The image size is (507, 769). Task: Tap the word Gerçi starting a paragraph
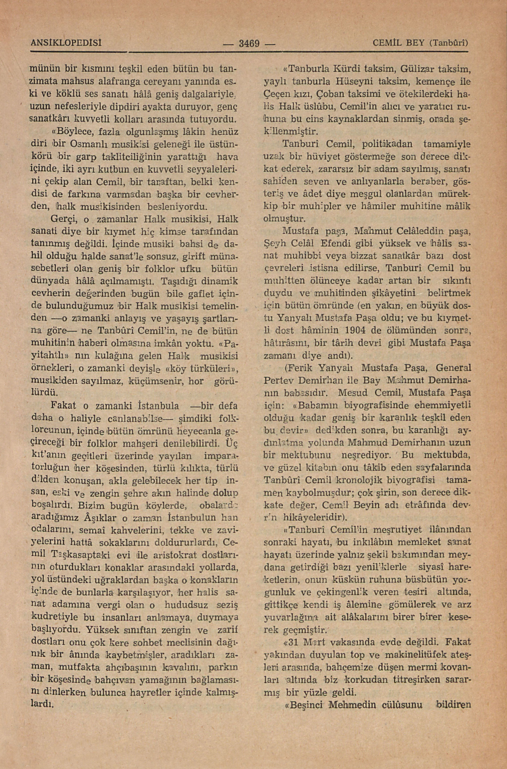coord(64,219)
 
